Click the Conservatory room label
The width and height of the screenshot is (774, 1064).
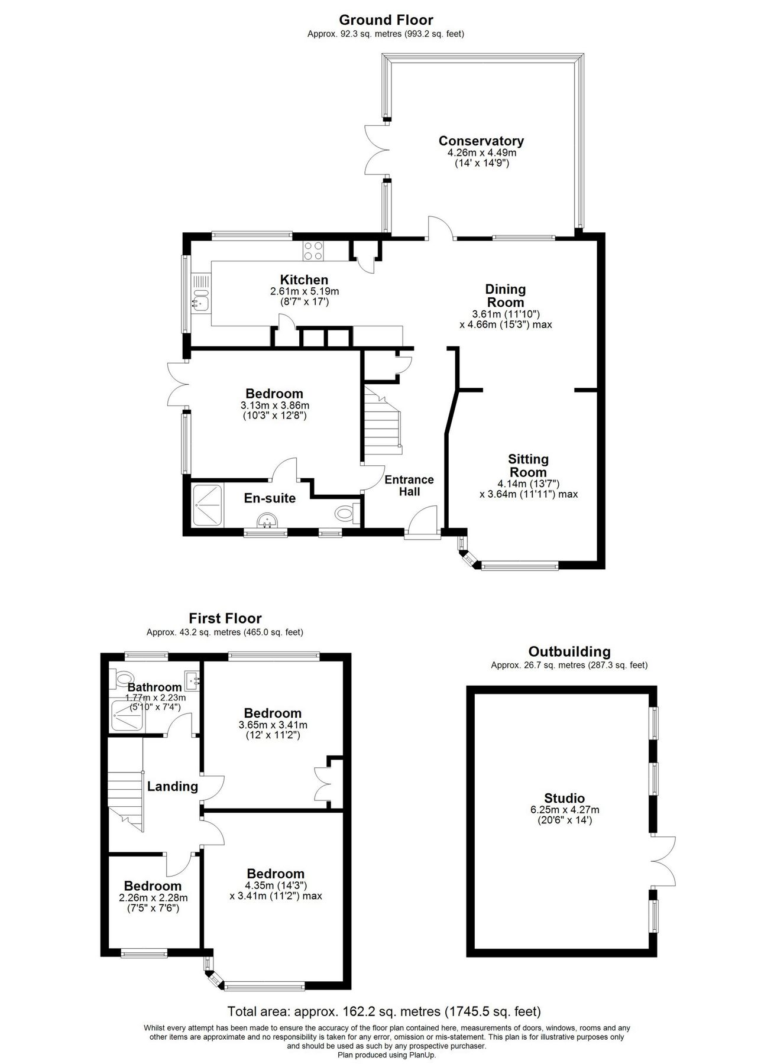coord(481,141)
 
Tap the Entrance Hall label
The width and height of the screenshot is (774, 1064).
coord(409,485)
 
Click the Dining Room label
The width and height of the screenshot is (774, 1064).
coord(505,296)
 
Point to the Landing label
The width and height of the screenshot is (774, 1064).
coord(172,787)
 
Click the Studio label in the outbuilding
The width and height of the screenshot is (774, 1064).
coord(565,799)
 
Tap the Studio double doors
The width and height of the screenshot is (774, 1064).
coord(663,862)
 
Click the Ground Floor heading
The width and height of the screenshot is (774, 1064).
coord(386,21)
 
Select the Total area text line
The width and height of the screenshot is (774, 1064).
coord(384,1011)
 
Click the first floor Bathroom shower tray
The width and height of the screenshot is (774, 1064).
coord(127,716)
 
